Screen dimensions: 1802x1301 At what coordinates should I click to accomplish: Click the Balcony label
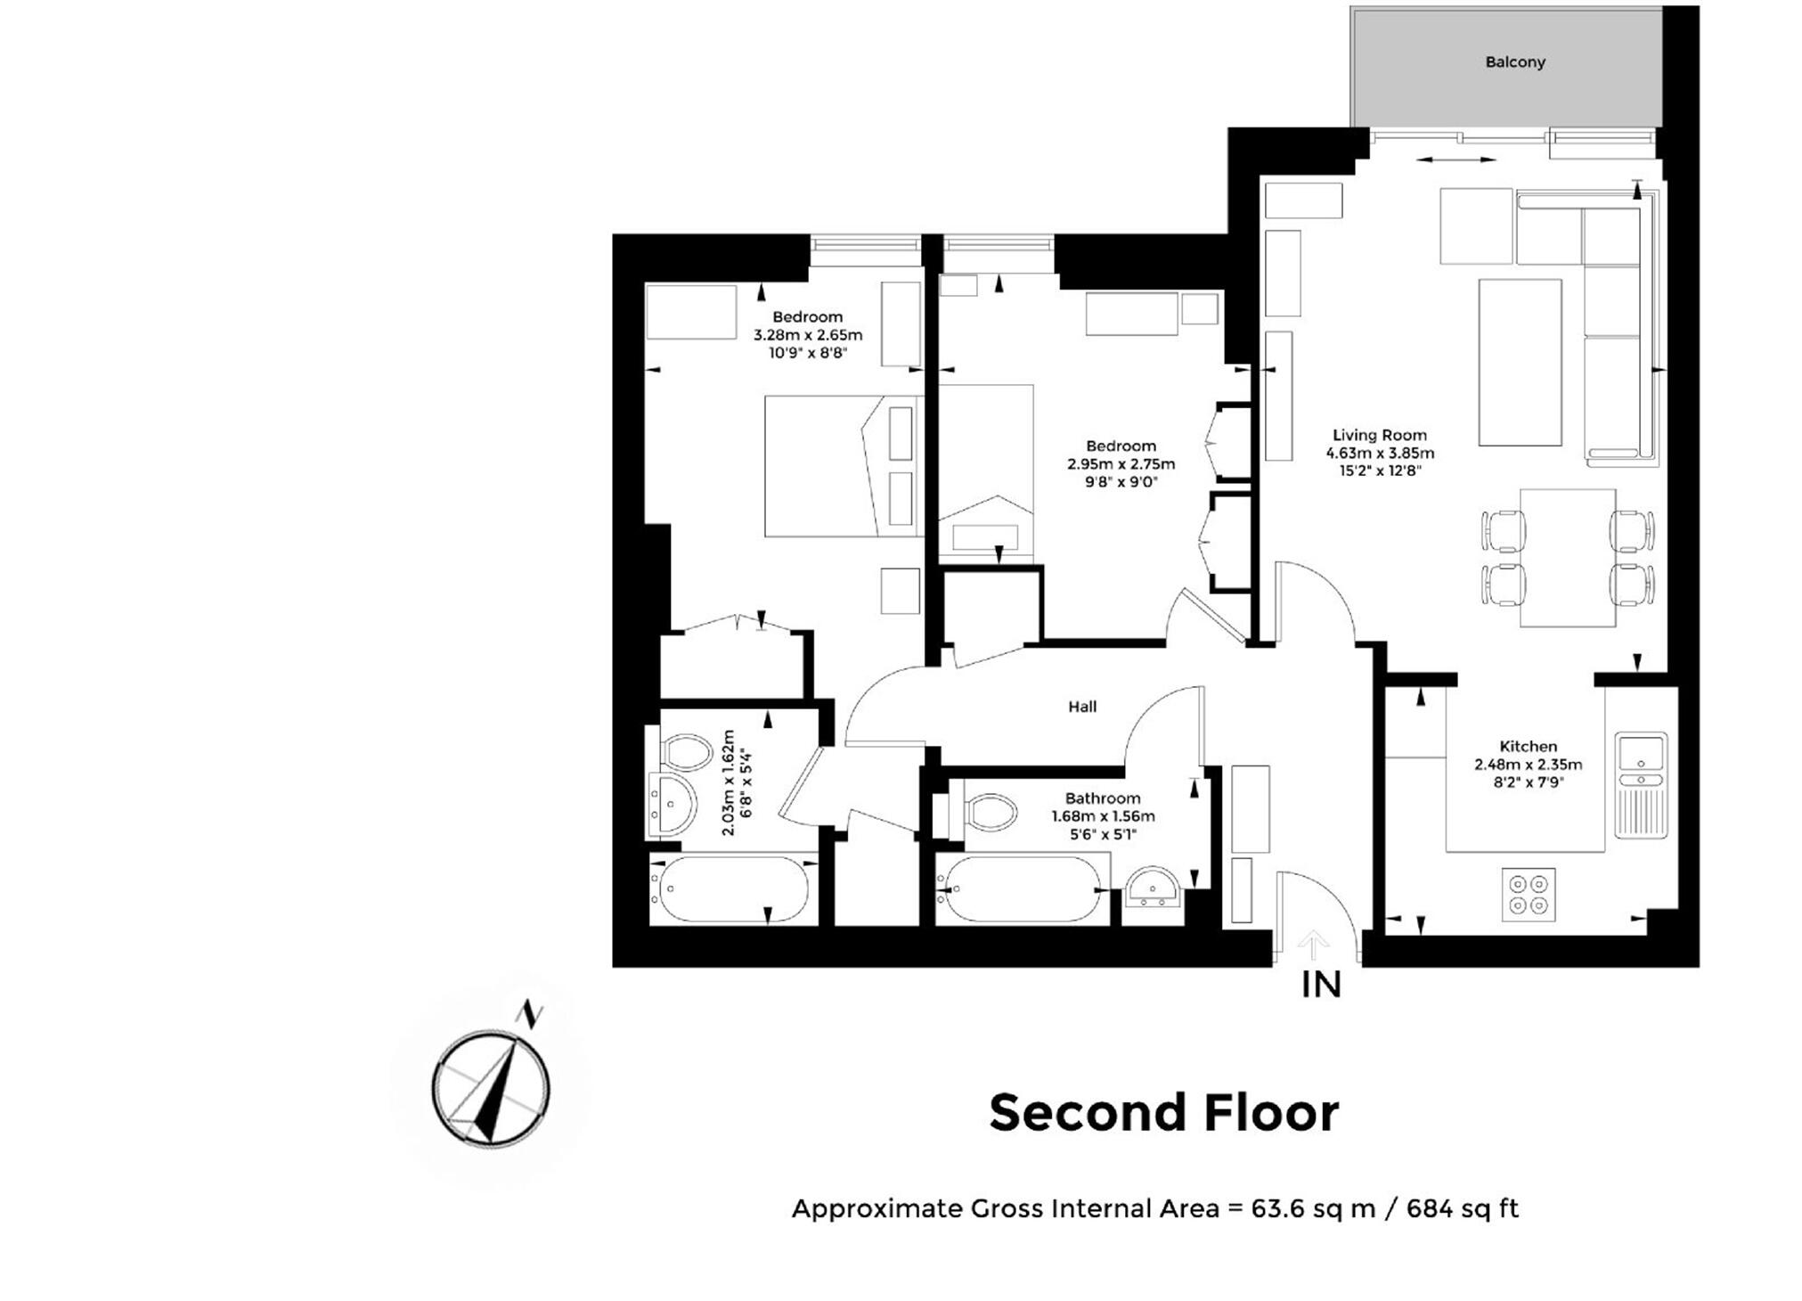[1514, 62]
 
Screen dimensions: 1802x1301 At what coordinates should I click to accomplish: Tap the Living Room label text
[1379, 435]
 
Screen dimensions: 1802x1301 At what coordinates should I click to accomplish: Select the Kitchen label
[1528, 746]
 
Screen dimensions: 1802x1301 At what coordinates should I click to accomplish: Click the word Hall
[1082, 707]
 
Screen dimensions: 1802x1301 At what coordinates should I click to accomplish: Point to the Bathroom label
[1103, 798]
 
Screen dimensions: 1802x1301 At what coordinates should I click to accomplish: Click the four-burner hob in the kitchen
[1529, 895]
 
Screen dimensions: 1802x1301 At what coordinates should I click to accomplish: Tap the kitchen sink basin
[1641, 753]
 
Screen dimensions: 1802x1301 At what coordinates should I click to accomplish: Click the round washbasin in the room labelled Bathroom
[1153, 888]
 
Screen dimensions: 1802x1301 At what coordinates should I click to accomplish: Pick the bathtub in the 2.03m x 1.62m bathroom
[733, 889]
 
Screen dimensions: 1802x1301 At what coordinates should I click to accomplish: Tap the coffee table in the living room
[1520, 362]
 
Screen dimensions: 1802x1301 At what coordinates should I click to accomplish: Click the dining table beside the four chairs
[1568, 558]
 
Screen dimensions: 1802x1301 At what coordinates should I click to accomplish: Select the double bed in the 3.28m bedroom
[844, 466]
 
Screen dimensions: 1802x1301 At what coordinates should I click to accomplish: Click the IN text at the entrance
[1321, 985]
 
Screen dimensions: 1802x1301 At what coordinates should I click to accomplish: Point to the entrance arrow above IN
[1313, 945]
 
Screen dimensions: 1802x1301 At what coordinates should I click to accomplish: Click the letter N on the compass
[531, 1014]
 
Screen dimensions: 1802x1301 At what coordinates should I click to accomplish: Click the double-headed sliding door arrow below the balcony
[1455, 160]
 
